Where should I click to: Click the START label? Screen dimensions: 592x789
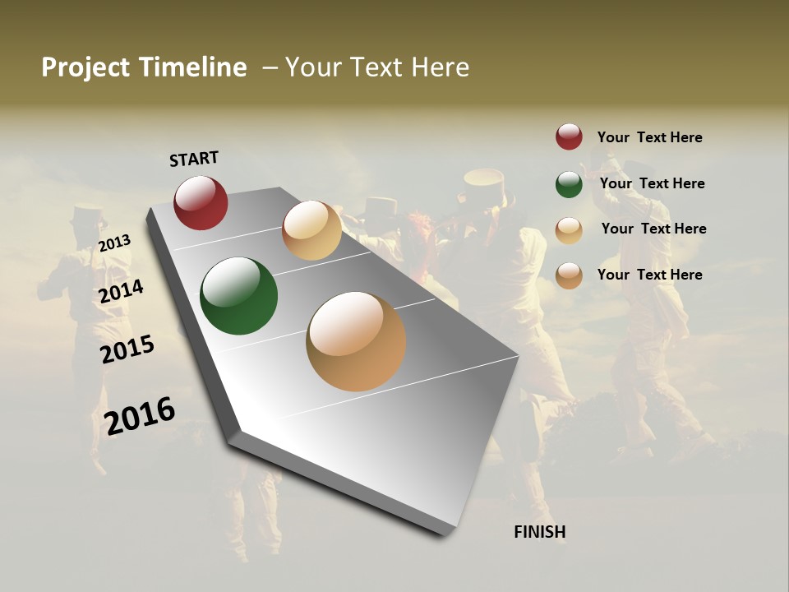point(194,159)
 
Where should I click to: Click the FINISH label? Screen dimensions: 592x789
point(540,532)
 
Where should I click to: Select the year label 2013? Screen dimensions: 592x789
point(114,243)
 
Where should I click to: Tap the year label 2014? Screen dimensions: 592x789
point(121,291)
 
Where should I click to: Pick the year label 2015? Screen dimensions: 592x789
point(127,349)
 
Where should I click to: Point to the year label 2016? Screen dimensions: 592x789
point(140,415)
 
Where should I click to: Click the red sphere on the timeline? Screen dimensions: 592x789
point(201,202)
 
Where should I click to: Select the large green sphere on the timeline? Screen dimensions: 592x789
point(238,296)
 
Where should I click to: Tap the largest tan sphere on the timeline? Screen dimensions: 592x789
point(356,341)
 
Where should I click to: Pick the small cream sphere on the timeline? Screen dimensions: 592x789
point(311,230)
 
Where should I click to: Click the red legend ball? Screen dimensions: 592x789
point(569,137)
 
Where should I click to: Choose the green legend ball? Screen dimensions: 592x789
point(569,184)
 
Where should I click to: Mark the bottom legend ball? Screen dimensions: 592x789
point(569,275)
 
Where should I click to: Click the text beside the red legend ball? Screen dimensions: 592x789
point(649,137)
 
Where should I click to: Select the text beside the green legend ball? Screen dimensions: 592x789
point(652,183)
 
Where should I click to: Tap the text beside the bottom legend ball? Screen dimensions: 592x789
point(649,275)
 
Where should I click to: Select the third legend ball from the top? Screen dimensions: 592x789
point(569,230)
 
